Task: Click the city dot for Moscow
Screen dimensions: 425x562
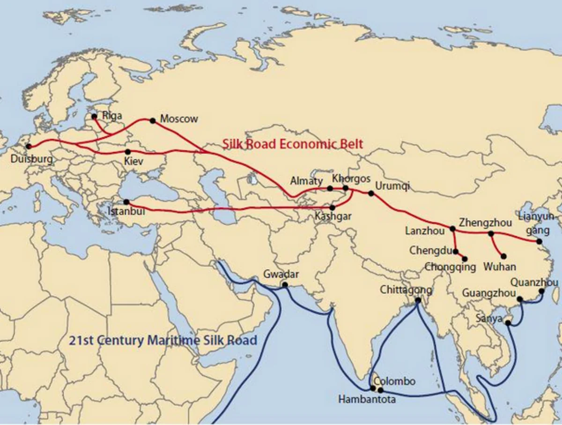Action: [152, 120]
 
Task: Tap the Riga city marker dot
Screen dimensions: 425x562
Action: [94, 116]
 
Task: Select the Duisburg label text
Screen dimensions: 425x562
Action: [31, 160]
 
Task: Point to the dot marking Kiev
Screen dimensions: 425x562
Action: [128, 152]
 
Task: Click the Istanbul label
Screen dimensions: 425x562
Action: [126, 211]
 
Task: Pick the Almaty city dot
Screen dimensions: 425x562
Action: [330, 188]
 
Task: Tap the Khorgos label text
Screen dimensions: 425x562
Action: [351, 179]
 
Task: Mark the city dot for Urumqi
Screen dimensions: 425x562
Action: [371, 193]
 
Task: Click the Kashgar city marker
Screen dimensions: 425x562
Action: [333, 208]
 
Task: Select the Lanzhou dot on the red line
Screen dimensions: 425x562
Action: [452, 229]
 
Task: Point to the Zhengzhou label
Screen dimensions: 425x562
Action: [485, 223]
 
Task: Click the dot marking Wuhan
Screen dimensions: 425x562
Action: [504, 256]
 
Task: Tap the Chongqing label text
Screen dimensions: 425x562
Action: [450, 267]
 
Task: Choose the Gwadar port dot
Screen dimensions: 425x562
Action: [285, 284]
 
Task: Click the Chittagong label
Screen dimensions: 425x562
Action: [406, 290]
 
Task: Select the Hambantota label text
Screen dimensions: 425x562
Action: [367, 400]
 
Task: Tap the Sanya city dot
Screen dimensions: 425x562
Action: [508, 323]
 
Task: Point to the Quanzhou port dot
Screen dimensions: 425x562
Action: [542, 291]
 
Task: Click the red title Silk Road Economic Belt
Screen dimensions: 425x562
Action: [292, 144]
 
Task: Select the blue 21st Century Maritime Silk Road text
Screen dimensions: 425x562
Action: [163, 340]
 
